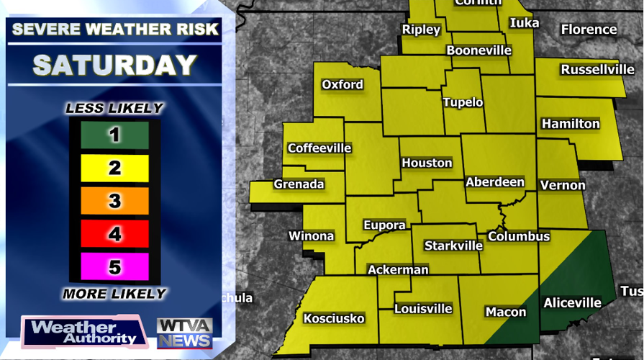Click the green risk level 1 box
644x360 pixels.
114,135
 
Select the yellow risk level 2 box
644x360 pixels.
114,168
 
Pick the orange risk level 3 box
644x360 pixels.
114,201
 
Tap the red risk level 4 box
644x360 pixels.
114,234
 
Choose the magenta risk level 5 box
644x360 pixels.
114,266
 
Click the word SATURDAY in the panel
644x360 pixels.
114,65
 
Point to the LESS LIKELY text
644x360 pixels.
114,109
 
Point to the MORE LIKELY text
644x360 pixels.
114,294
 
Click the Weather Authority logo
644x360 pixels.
84,332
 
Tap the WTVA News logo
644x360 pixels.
184,332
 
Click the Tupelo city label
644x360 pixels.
463,102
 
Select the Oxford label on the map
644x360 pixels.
343,84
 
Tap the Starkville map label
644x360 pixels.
453,246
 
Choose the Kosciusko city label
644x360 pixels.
334,318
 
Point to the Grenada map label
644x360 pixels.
299,184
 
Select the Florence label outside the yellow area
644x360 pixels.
589,30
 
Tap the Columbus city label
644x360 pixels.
519,236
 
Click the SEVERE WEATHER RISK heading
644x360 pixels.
114,30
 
